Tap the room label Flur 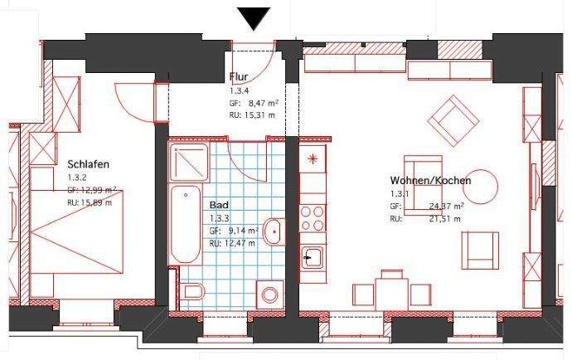pos(239,77)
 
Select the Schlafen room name pos(89,164)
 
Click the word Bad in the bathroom pos(219,204)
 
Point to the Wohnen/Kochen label pos(430,180)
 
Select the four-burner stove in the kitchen pos(313,218)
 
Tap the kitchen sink pos(313,258)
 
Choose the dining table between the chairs pos(392,292)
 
